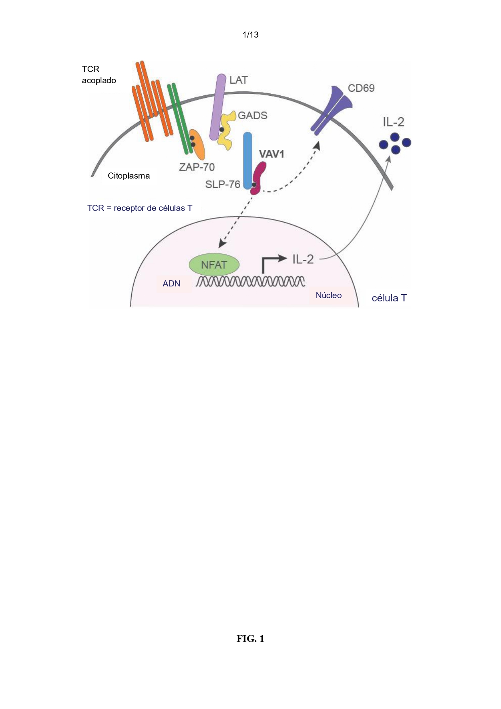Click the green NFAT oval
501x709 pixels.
[x=214, y=265]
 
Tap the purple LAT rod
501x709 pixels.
[x=217, y=107]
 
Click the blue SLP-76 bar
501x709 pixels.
[x=247, y=160]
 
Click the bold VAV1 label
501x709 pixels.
[x=272, y=154]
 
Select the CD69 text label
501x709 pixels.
[x=361, y=88]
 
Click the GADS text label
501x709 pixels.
[x=252, y=116]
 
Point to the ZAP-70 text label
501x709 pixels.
[x=197, y=167]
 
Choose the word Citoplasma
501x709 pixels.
[x=129, y=176]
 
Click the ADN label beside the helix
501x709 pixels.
[x=172, y=284]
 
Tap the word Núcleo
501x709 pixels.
[x=329, y=295]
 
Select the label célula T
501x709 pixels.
[x=389, y=298]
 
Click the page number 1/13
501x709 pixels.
[x=250, y=35]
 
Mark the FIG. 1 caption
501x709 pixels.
[x=250, y=639]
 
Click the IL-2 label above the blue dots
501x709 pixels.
[x=394, y=122]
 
